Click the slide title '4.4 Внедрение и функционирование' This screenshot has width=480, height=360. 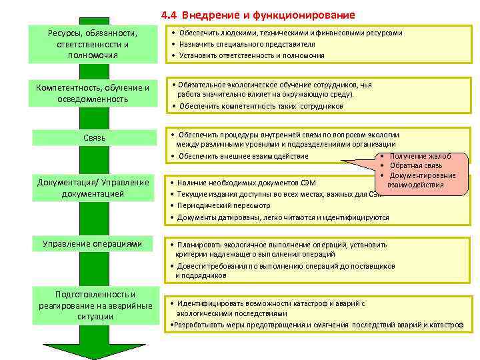[x=258, y=15]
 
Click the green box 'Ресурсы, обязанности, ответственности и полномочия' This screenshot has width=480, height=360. [x=93, y=44]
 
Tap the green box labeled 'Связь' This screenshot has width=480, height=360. [x=93, y=138]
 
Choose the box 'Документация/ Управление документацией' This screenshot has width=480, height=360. [x=93, y=187]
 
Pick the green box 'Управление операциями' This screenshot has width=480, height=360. [x=93, y=244]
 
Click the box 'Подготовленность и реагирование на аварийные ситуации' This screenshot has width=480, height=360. [x=93, y=305]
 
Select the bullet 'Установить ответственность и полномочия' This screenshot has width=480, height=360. [x=251, y=55]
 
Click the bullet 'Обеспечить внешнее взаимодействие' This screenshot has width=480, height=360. [x=243, y=156]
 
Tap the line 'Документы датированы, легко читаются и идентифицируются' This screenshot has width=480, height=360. [x=283, y=217]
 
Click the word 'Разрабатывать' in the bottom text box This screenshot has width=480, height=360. [x=196, y=325]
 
